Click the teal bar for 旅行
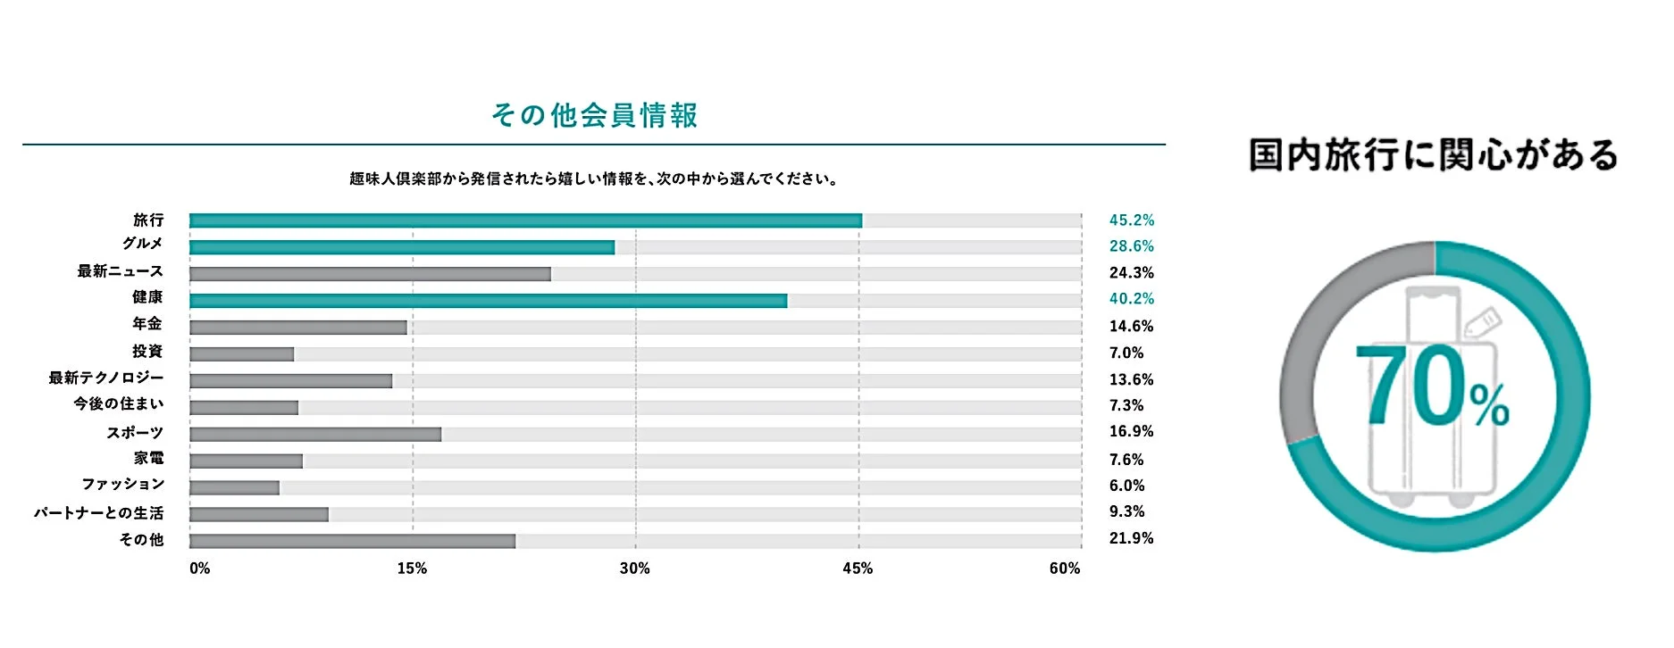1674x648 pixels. pyautogui.click(x=525, y=220)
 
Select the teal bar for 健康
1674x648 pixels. pyautogui.click(x=488, y=301)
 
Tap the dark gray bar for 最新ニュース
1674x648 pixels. pyautogui.click(x=370, y=274)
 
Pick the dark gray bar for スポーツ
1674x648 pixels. pyautogui.click(x=315, y=435)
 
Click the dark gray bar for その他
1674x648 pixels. pyautogui.click(x=352, y=541)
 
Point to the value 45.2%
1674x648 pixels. pyautogui.click(x=1131, y=220)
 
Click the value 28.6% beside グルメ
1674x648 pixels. pyautogui.click(x=1131, y=246)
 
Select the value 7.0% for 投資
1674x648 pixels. pyautogui.click(x=1126, y=353)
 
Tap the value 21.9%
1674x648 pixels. pyautogui.click(x=1131, y=538)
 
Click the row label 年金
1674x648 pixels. pyautogui.click(x=147, y=324)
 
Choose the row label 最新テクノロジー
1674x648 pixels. pyautogui.click(x=106, y=378)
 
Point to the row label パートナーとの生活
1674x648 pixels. pyautogui.click(x=99, y=513)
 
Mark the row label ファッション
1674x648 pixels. pyautogui.click(x=123, y=485)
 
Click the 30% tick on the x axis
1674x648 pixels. pyautogui.click(x=634, y=569)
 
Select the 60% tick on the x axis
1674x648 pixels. pyautogui.click(x=1064, y=569)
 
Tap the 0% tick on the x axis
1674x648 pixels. pyautogui.click(x=199, y=569)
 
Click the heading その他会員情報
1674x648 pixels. pyautogui.click(x=594, y=116)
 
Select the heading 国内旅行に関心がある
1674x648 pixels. pyautogui.click(x=1433, y=155)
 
